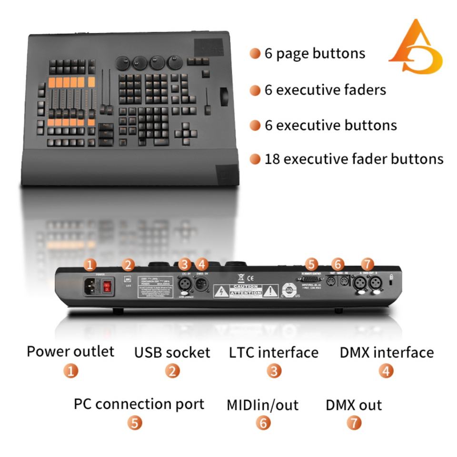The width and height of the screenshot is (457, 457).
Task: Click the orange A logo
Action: (x=415, y=48)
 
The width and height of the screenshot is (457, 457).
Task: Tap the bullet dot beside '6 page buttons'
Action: (x=255, y=53)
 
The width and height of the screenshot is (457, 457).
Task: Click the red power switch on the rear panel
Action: (x=108, y=286)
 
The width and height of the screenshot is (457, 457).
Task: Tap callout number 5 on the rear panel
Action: (x=311, y=264)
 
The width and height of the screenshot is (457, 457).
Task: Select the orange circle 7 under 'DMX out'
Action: (x=354, y=422)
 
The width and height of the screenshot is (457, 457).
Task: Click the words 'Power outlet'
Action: (x=70, y=352)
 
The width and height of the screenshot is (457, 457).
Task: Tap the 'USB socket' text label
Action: (x=172, y=353)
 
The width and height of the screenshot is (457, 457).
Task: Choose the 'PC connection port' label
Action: (x=139, y=404)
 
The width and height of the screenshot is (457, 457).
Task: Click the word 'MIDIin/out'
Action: (x=262, y=405)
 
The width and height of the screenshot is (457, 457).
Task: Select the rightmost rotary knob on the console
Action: (x=175, y=63)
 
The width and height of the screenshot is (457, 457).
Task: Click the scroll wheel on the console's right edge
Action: (x=223, y=95)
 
